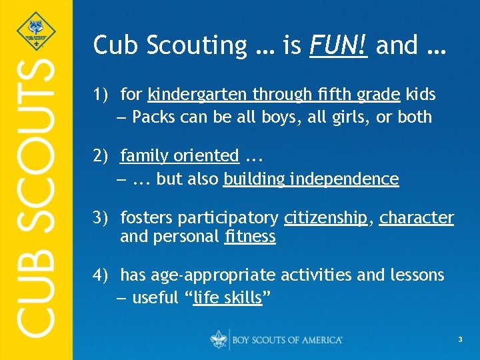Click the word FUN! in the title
(339, 45)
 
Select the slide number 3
(460, 341)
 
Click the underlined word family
(143, 156)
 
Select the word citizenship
(325, 218)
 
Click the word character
(417, 218)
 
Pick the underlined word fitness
(250, 237)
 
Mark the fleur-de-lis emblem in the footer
(219, 339)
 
